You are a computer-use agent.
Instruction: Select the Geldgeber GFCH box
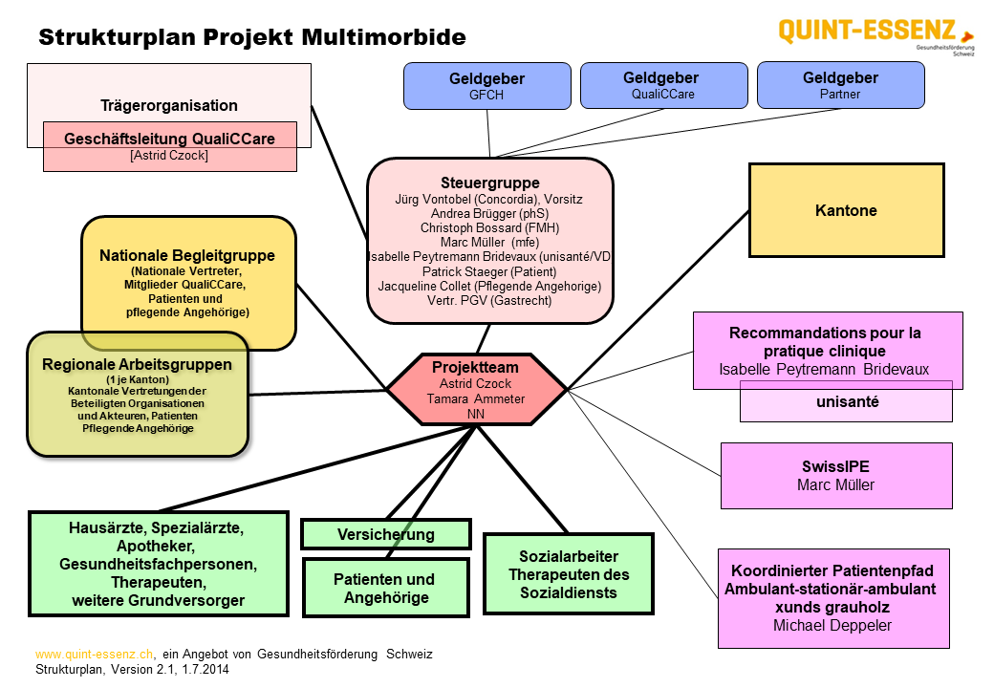click(486, 85)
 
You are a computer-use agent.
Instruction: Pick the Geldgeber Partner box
click(840, 85)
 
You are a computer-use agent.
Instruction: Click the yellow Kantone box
click(846, 210)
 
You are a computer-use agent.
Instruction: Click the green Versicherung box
click(385, 534)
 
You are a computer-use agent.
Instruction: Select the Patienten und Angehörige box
click(384, 588)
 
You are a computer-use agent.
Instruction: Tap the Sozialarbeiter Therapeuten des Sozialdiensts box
click(568, 574)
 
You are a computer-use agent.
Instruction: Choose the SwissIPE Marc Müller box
click(835, 476)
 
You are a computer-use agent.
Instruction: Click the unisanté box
click(847, 402)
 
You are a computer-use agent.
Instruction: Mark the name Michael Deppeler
click(832, 625)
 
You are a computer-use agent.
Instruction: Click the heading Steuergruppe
click(489, 183)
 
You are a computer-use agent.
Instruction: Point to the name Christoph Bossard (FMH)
click(489, 228)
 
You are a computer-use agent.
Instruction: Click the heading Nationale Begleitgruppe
click(187, 256)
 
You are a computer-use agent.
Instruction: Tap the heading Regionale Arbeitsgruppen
click(137, 364)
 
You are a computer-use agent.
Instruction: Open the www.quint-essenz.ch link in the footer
click(95, 655)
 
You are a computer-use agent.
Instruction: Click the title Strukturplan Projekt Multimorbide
click(252, 38)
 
